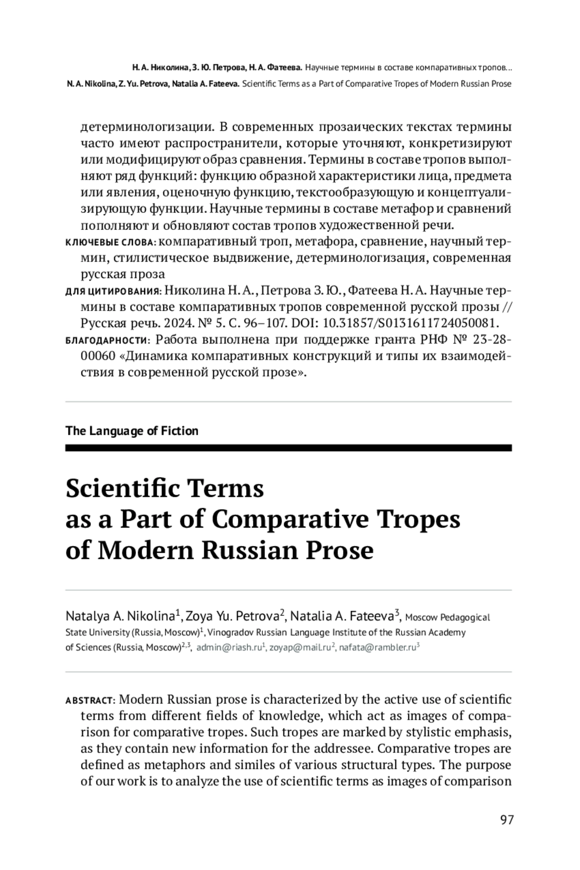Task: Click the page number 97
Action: click(x=507, y=820)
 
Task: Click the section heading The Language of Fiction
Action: click(x=131, y=431)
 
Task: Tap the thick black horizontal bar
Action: click(x=288, y=448)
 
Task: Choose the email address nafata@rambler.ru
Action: click(x=377, y=648)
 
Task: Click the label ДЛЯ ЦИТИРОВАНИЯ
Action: click(x=113, y=291)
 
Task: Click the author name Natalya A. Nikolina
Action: click(x=120, y=616)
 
